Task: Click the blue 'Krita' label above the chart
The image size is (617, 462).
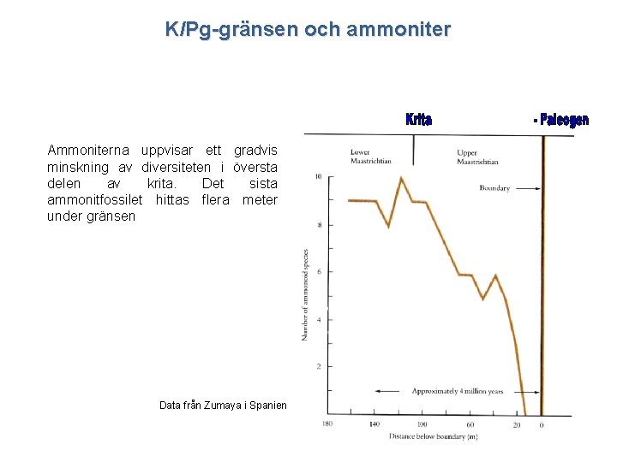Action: (x=418, y=120)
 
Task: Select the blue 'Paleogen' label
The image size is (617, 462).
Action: (x=563, y=121)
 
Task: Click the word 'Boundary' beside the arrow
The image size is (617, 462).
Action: (x=494, y=188)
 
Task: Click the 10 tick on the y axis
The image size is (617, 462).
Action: (x=319, y=177)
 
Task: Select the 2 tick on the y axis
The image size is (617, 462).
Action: (x=319, y=366)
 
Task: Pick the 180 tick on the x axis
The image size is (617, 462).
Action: (x=327, y=424)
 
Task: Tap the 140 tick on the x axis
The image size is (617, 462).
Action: (x=374, y=424)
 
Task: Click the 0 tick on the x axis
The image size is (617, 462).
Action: (x=542, y=424)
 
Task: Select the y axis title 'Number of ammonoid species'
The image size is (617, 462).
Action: (x=305, y=294)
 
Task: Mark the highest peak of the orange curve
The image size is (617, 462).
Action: (x=401, y=178)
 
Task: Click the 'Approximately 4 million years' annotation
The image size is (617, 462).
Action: (x=458, y=392)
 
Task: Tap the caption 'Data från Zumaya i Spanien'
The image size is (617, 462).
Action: (x=223, y=406)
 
